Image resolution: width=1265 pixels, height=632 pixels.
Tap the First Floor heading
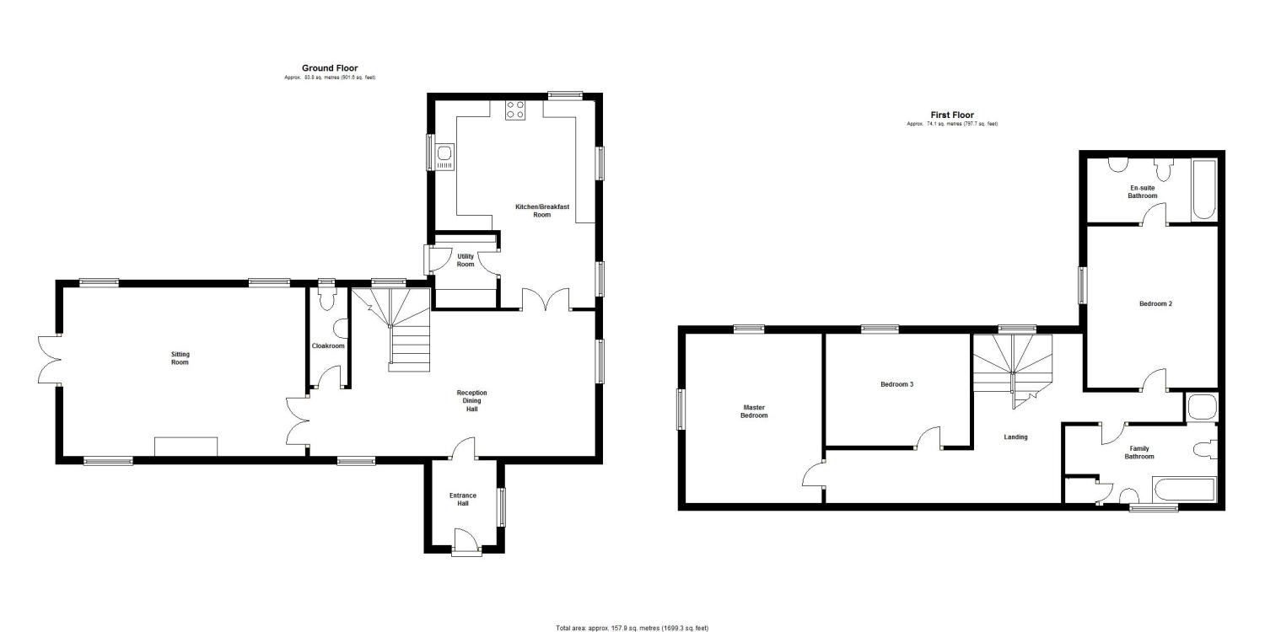tap(952, 115)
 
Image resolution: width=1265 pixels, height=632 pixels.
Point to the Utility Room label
tap(466, 260)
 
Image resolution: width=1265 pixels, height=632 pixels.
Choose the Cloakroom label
tap(327, 345)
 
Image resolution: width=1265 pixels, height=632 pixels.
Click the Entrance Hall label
tap(463, 499)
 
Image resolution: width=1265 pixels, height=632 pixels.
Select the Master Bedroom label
tap(754, 410)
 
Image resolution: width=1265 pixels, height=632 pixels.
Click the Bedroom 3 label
tap(897, 384)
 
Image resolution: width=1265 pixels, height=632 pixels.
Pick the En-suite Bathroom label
tap(1143, 191)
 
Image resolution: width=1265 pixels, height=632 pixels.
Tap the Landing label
tap(1015, 437)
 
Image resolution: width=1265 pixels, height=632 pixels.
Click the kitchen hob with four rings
tap(514, 110)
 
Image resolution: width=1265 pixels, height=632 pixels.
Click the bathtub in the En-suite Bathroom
tap(1203, 192)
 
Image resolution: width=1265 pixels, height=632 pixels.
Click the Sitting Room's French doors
tap(49, 361)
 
